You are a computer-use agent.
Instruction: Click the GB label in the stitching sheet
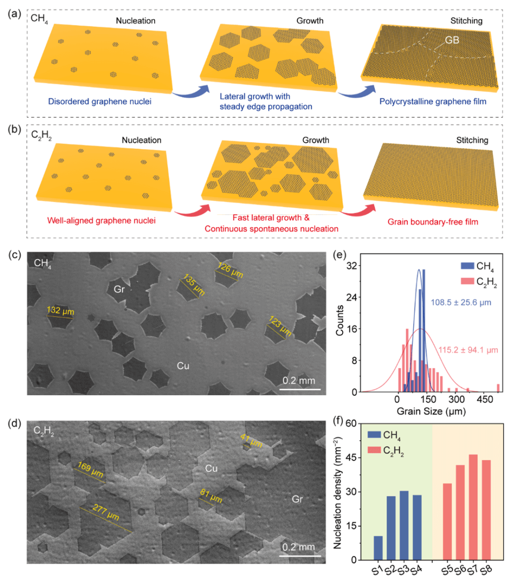pos(452,40)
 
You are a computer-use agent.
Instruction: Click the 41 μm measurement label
pos(251,440)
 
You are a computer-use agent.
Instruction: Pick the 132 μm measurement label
pos(60,311)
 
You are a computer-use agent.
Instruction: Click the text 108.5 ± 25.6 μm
pos(461,303)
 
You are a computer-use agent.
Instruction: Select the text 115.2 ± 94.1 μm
pos(468,350)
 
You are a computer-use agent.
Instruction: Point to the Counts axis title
pos(339,320)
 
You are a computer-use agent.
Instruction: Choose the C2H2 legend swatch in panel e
pos(467,281)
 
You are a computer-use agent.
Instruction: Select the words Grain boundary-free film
pos(433,222)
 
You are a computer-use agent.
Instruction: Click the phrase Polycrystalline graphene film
pos(433,102)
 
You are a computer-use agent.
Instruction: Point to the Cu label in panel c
pos(183,366)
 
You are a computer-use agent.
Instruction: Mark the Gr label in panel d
pos(297,499)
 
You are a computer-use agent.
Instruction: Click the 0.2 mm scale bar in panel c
pos(300,389)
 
